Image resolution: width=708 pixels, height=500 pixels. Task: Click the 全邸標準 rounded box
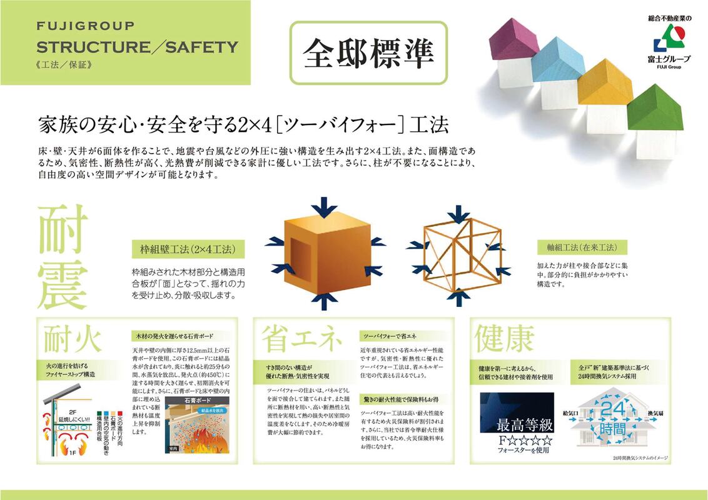point(369,53)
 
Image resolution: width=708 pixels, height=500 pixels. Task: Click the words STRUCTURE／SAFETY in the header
point(137,47)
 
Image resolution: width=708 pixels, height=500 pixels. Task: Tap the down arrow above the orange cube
point(323,206)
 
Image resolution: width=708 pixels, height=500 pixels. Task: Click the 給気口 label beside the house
point(570,414)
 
